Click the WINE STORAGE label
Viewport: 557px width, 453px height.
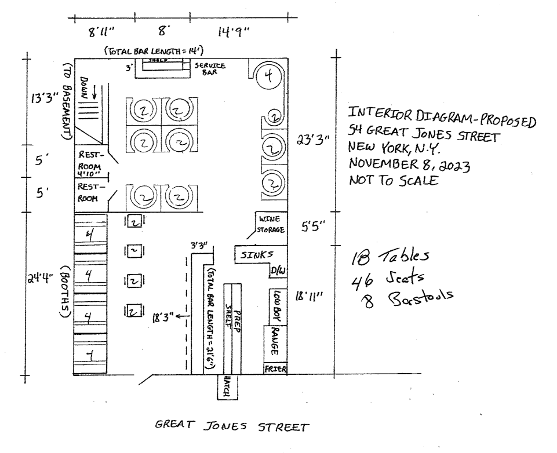(271, 225)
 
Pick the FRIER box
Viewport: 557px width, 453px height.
(276, 369)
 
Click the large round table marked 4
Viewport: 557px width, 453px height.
(270, 76)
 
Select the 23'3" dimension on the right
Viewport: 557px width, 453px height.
(312, 140)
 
